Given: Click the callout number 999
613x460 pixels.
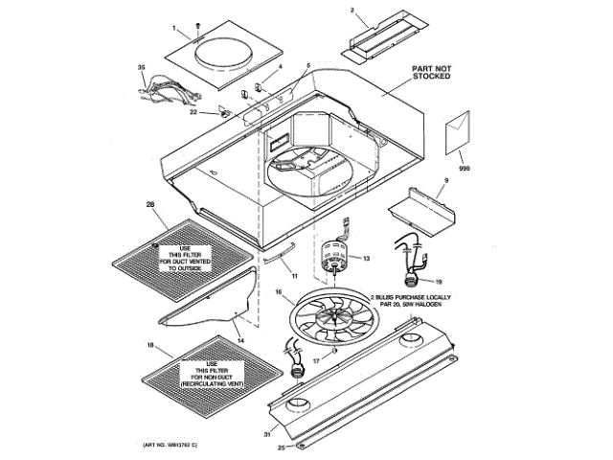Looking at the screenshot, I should pos(465,169).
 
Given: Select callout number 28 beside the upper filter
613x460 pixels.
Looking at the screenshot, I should pos(149,205).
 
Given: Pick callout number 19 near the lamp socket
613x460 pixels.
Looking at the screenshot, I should pos(440,283).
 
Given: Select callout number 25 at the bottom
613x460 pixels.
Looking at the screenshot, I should pos(281,448).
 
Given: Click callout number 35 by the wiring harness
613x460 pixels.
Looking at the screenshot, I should pos(141,67).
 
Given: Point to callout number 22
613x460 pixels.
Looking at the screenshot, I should pos(193,112).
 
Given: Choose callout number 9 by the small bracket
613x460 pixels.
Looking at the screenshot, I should pos(445,180).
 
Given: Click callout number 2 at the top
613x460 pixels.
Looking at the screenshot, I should pos(352,11).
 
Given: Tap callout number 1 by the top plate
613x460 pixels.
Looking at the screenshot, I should pos(175,28).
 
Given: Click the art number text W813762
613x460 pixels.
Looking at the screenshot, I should pos(175,447).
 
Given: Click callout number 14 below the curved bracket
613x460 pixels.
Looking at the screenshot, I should pos(240,341).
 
